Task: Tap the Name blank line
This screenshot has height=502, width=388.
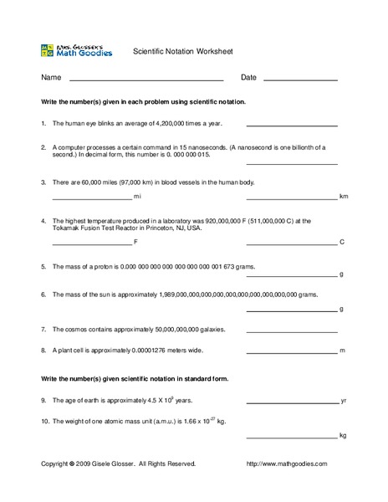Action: coord(145,80)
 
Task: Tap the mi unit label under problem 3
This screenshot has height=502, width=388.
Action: coord(138,198)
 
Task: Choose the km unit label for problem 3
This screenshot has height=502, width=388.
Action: coord(343,197)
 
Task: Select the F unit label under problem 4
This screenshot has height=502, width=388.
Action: coord(135,243)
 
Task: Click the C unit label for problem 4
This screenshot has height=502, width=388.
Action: coord(342,243)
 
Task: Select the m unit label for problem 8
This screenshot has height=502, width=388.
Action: coord(343,351)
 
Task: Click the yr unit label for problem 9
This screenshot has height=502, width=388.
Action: coord(344,401)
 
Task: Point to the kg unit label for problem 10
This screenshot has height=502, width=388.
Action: coord(343,436)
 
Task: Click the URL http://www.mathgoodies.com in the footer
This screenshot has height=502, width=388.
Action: coord(287,464)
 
